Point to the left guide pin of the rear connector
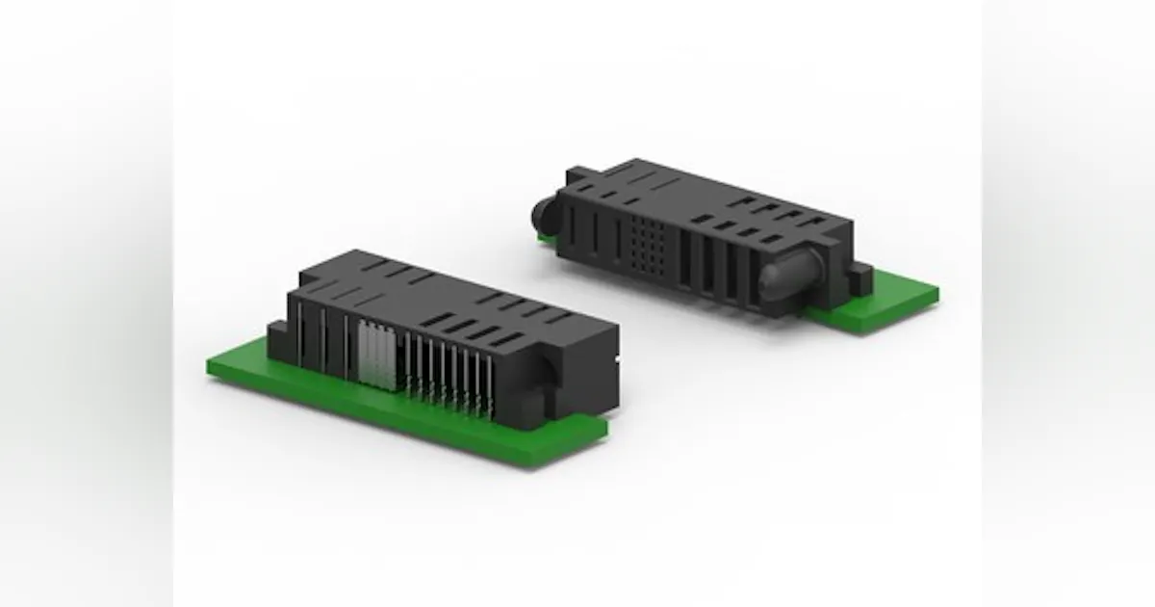point(545,209)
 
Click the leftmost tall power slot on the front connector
point(299,333)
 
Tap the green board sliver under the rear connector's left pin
point(546,236)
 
